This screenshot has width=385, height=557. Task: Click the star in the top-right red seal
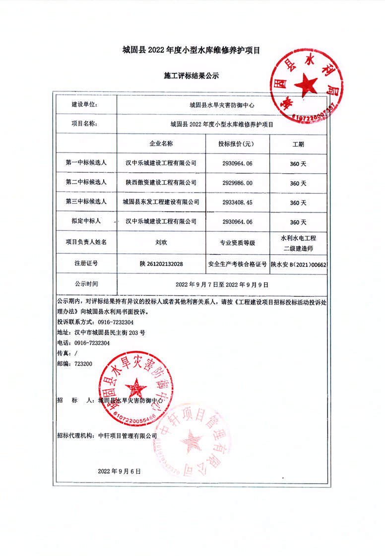point(306,85)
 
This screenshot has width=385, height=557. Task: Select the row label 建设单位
point(84,105)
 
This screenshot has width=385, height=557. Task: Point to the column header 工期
point(298,144)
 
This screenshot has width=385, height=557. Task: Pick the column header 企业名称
point(161,144)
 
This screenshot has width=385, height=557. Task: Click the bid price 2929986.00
point(238,183)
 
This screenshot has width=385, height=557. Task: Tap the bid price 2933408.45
point(238,203)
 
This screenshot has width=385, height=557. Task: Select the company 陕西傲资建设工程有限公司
point(161,183)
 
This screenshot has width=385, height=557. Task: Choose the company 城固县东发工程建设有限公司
point(161,203)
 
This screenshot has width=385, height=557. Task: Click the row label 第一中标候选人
point(86,163)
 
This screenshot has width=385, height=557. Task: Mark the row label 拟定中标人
point(86,222)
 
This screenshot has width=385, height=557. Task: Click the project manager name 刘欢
point(161,243)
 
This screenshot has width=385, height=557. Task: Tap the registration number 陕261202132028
point(161,264)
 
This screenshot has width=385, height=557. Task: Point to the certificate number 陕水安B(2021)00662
point(299,265)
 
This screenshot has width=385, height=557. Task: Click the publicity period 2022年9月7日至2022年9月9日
point(222,285)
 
